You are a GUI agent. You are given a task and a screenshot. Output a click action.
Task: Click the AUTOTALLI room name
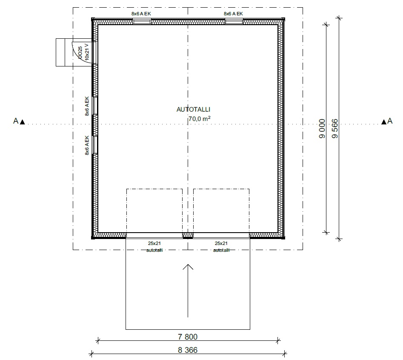pyautogui.click(x=193, y=109)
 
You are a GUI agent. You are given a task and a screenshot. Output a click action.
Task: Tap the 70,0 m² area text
pyautogui.click(x=200, y=118)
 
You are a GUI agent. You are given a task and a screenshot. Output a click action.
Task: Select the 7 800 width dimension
pyautogui.click(x=188, y=337)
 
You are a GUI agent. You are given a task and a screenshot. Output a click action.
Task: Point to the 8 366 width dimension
pyautogui.click(x=188, y=350)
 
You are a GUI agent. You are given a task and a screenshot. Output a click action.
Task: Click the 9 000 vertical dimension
pyautogui.click(x=322, y=129)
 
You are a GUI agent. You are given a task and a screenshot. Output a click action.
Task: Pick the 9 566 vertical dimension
pyautogui.click(x=335, y=129)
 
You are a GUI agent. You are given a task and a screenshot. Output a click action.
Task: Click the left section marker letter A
pyautogui.click(x=16, y=121)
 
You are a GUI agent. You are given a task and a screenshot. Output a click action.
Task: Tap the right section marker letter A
pyautogui.click(x=390, y=121)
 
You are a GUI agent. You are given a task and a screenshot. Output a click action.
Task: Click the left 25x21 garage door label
pyautogui.click(x=154, y=243)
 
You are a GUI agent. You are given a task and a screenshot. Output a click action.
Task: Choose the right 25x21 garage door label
pyautogui.click(x=221, y=243)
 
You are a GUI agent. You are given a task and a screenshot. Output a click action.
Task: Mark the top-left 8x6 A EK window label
pyautogui.click(x=141, y=14)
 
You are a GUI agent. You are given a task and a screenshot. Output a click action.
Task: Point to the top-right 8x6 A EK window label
pyautogui.click(x=233, y=14)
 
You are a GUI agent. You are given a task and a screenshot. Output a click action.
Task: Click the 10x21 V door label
pyautogui.click(x=87, y=52)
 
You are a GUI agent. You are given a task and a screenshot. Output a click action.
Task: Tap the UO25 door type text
pyautogui.click(x=80, y=52)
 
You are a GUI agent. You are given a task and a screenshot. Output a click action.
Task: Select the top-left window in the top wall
pyautogui.click(x=142, y=22)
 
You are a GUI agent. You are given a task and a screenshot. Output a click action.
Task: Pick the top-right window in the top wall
pyautogui.click(x=234, y=22)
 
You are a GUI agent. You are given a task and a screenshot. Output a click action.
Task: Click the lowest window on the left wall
pyautogui.click(x=95, y=145)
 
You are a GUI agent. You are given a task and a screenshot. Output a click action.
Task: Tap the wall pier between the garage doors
pyautogui.click(x=188, y=235)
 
